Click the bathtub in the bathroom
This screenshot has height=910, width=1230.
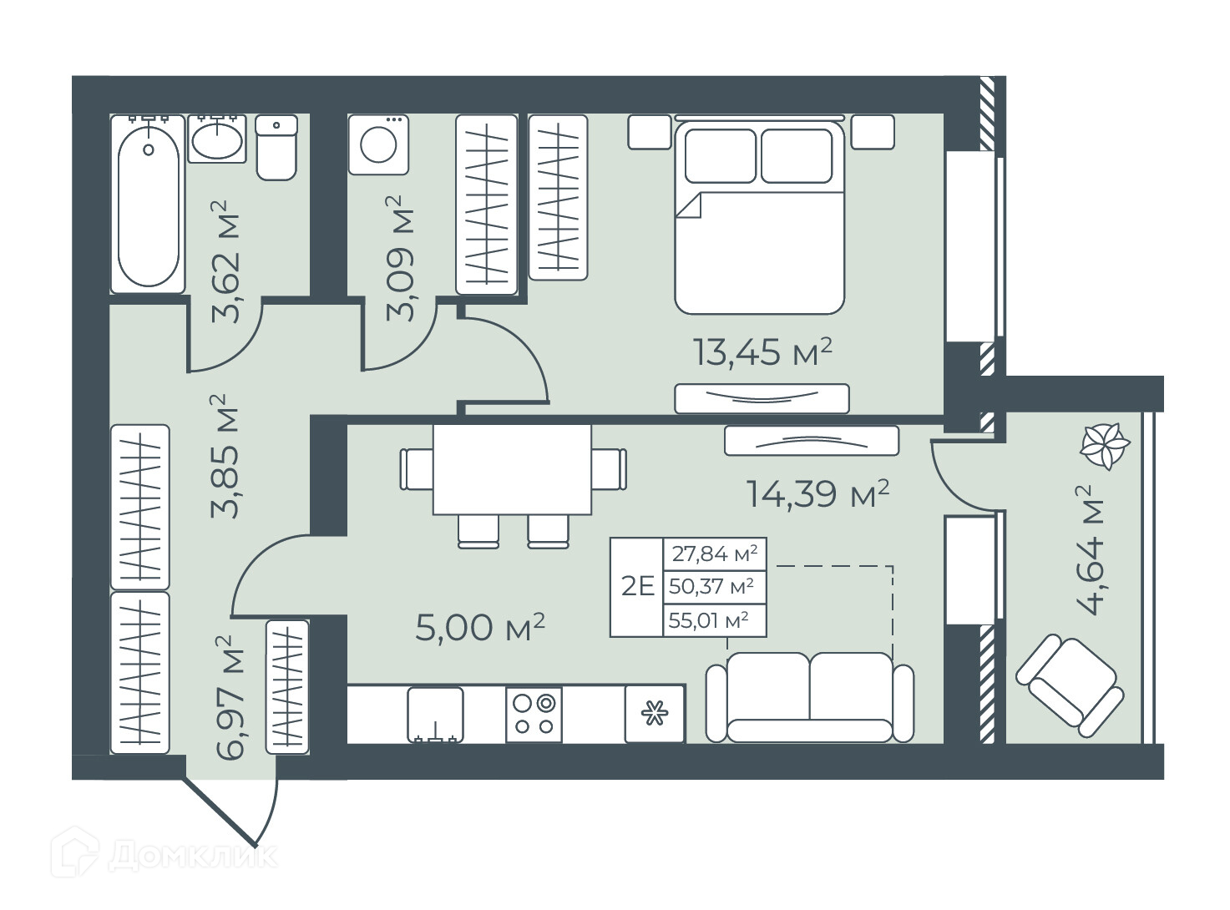tap(148, 204)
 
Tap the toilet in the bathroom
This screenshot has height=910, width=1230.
tap(276, 148)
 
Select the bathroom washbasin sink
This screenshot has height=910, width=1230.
tap(217, 139)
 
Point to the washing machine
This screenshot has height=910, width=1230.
tap(378, 144)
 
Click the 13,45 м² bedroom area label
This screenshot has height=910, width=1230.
tap(762, 351)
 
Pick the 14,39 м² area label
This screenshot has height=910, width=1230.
tap(818, 493)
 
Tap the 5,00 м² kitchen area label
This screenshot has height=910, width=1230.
tap(479, 627)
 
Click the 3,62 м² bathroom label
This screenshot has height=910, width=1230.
tap(225, 262)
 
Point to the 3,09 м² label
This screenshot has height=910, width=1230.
tap(400, 258)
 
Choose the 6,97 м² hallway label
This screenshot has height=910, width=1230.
tap(230, 698)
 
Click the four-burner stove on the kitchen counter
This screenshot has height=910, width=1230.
tap(533, 715)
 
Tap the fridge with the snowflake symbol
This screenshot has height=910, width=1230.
tap(655, 714)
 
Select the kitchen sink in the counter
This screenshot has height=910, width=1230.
tap(435, 715)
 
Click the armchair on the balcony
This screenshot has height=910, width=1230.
tap(1070, 685)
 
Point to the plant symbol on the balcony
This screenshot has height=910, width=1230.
tap(1105, 446)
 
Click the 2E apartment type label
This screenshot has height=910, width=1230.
tap(638, 586)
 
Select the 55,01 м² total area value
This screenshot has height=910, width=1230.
tap(708, 619)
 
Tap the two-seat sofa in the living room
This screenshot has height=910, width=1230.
tap(810, 697)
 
